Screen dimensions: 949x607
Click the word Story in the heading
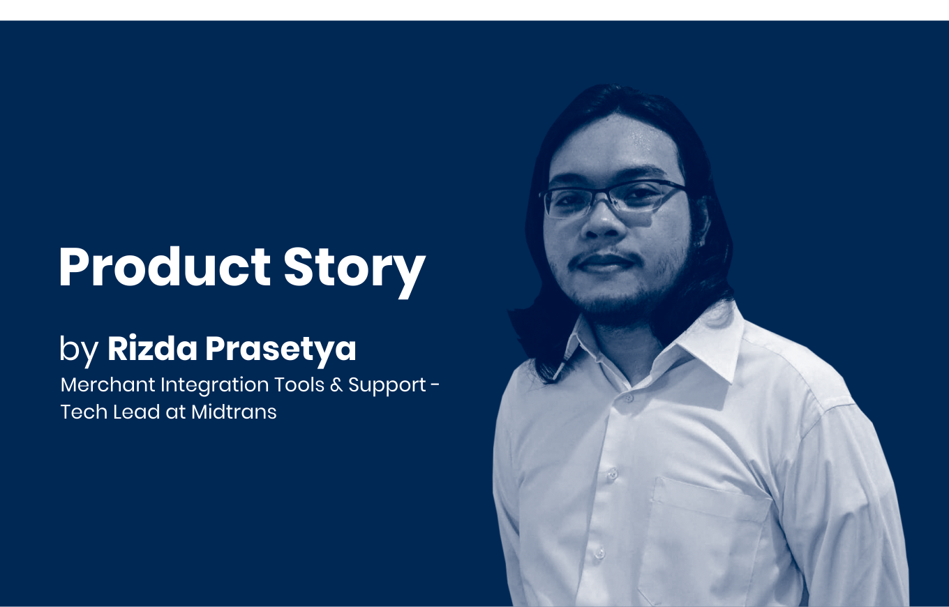coord(354,272)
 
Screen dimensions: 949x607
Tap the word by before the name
coord(79,350)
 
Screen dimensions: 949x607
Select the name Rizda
coord(153,348)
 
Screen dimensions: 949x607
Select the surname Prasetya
coord(281,350)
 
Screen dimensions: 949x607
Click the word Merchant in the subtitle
coord(108,384)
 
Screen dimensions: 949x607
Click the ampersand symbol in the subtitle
coord(336,385)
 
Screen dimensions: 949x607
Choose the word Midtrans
coord(234,412)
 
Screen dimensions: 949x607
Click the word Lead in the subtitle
coord(137,412)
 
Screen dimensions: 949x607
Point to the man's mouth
coord(604,262)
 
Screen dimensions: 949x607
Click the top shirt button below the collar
coord(629,398)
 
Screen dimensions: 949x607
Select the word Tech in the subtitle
coord(84,412)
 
